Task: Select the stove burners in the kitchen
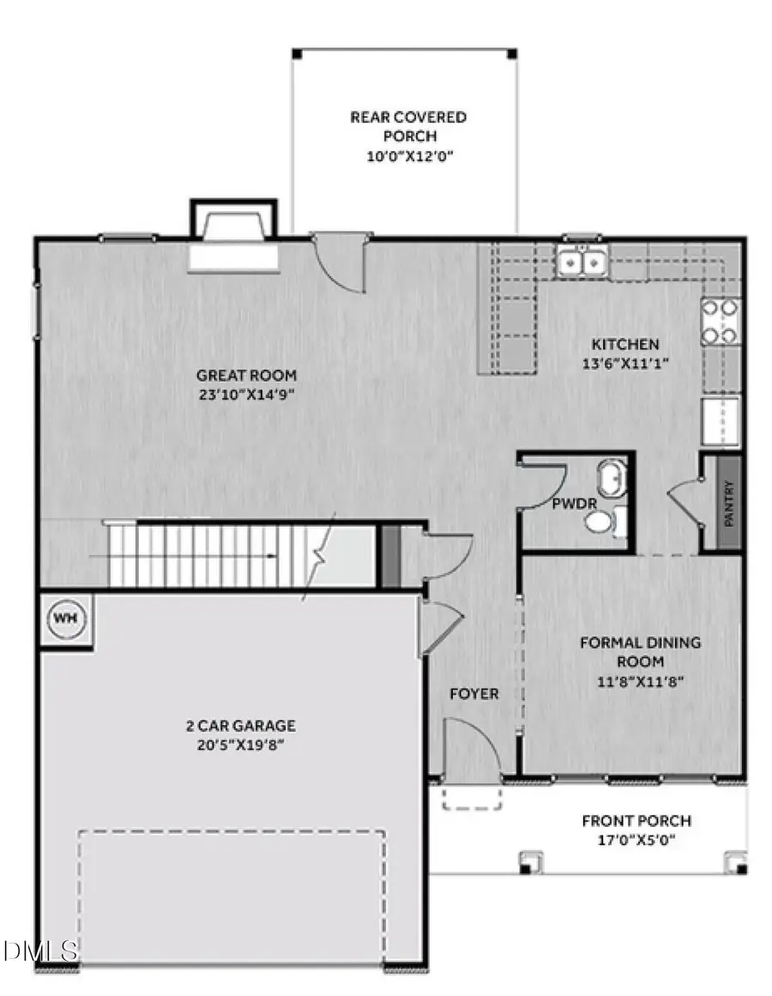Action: [x=721, y=321]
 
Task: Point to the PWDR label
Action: [x=564, y=504]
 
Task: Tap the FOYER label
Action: [x=473, y=693]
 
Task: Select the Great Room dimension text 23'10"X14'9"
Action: [x=246, y=395]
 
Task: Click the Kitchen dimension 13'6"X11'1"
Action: [x=624, y=363]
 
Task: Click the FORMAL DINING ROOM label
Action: [x=640, y=651]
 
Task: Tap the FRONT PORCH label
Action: [x=636, y=821]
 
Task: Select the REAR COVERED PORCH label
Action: [x=407, y=126]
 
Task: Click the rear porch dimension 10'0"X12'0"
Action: [x=407, y=157]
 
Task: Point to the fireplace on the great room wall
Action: [x=234, y=240]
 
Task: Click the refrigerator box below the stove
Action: [x=721, y=421]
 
